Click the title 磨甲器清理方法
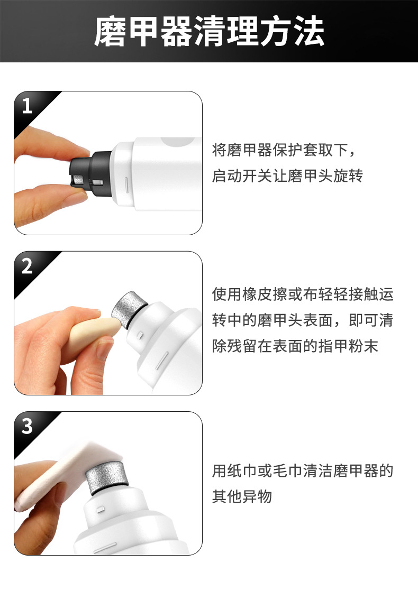pos(209,31)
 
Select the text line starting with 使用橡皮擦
pos(303,294)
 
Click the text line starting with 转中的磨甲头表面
pos(303,320)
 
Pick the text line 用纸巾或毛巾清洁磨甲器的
pos(303,471)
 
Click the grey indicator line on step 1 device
pos(127,186)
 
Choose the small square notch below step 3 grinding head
pos(98,510)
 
